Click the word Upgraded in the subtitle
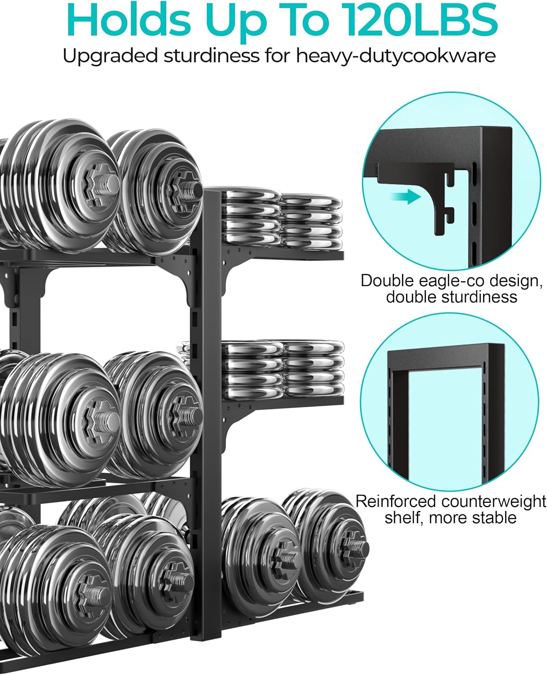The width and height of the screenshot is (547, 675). pos(110,57)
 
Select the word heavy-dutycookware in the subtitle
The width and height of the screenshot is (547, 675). pos(396,57)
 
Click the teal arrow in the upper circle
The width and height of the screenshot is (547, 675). pos(405,197)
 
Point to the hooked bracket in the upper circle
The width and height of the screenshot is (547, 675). pos(443,202)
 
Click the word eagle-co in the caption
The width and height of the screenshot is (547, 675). pos(454,280)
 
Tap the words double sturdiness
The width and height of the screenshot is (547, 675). pos(451,297)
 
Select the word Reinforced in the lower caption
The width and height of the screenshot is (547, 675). pos(395,501)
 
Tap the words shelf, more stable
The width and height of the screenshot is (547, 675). pos(450,517)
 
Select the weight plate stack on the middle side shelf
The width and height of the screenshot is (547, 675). pos(283,368)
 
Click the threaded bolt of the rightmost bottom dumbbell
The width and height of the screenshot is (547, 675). pos(358,548)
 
